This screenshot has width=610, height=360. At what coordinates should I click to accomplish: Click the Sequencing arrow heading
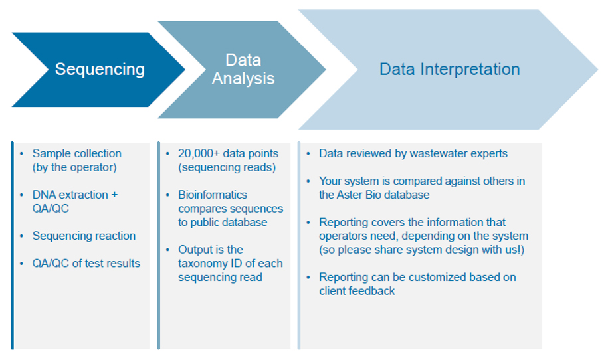tap(100, 69)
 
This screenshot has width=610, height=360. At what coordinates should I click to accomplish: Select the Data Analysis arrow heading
tap(243, 69)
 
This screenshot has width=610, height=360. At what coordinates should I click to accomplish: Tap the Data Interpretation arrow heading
tap(449, 69)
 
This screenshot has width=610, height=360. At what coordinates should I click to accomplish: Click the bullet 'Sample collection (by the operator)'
tap(76, 160)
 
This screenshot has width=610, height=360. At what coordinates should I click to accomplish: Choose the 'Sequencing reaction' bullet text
tap(84, 236)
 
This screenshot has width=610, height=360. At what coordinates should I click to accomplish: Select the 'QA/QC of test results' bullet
tap(86, 263)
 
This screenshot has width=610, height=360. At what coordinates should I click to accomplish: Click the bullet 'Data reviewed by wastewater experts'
tap(413, 153)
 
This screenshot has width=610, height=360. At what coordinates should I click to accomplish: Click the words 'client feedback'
tap(357, 290)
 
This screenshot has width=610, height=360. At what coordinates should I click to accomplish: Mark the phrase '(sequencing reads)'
tap(226, 167)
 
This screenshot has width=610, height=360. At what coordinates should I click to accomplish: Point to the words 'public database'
tap(233, 222)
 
